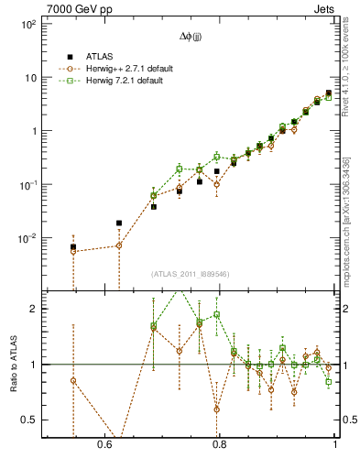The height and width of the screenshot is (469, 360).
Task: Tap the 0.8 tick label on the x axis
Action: (x=219, y=444)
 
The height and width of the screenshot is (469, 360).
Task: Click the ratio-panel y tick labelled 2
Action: (x=34, y=309)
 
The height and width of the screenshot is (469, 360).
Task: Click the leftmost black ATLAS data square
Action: (x=73, y=247)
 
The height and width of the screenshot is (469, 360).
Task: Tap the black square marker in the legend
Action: (x=70, y=57)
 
